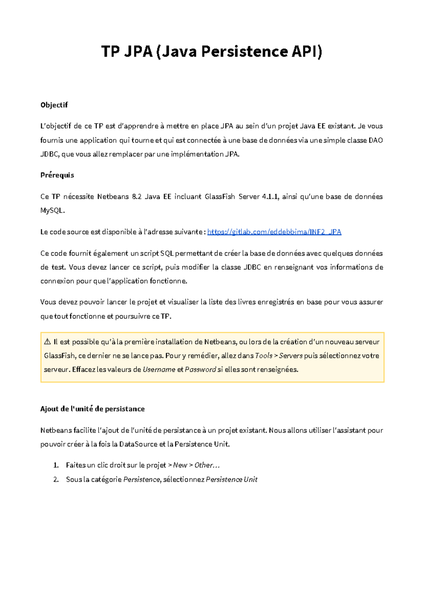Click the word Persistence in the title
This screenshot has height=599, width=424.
coord(245,52)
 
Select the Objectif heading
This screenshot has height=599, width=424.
coord(54,105)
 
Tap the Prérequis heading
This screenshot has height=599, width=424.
coord(57,175)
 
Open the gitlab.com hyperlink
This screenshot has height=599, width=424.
coord(274,232)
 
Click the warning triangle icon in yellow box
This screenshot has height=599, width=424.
coord(48,342)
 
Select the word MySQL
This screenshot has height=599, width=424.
coord(52,211)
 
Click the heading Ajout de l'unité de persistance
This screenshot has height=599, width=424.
coord(93,409)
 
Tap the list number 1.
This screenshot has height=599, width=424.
coord(56,465)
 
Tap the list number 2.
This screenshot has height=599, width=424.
coord(56,479)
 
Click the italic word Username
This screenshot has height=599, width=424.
coord(159,370)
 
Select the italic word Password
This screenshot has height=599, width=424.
coord(200,370)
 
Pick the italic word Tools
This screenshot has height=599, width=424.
coord(264,355)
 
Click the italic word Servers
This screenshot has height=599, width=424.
coord(291,355)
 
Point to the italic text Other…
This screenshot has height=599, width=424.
coord(207,465)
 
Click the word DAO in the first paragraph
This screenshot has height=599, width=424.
coord(376,140)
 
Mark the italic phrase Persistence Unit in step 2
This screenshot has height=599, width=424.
coord(232,479)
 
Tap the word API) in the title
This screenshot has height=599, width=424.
coord(307,52)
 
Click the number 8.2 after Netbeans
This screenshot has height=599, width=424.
coord(136,197)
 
